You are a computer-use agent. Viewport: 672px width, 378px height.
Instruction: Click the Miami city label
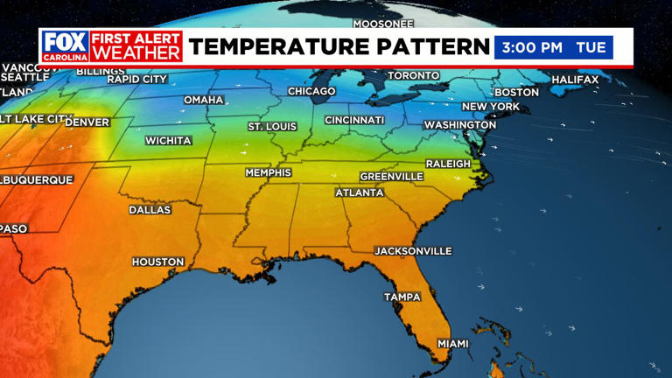click(453, 344)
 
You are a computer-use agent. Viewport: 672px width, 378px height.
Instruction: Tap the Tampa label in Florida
click(402, 297)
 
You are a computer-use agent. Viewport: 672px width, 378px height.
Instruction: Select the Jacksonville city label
click(413, 251)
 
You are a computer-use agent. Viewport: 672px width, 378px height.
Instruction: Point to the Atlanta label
click(360, 192)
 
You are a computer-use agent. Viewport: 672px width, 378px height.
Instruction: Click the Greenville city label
click(391, 177)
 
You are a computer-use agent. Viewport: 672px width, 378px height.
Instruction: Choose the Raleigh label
click(448, 164)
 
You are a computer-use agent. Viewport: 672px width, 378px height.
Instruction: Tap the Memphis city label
click(268, 173)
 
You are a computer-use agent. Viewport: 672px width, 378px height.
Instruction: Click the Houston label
click(158, 262)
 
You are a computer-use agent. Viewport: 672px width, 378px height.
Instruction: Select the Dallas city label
click(150, 210)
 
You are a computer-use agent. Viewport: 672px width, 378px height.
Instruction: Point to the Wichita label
click(168, 141)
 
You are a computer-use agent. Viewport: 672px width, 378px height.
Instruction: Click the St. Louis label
click(272, 127)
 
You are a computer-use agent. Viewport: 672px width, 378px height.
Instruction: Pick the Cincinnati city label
click(354, 120)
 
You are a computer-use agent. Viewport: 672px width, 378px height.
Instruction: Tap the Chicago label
click(311, 92)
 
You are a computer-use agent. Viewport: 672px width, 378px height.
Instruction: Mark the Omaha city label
click(204, 101)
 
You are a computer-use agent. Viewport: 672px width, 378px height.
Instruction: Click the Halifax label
click(575, 80)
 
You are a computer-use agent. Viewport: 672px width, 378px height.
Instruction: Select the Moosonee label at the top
click(383, 24)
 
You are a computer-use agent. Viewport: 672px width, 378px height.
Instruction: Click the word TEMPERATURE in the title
click(282, 47)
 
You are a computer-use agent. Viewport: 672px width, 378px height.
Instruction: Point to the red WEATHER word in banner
click(136, 53)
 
